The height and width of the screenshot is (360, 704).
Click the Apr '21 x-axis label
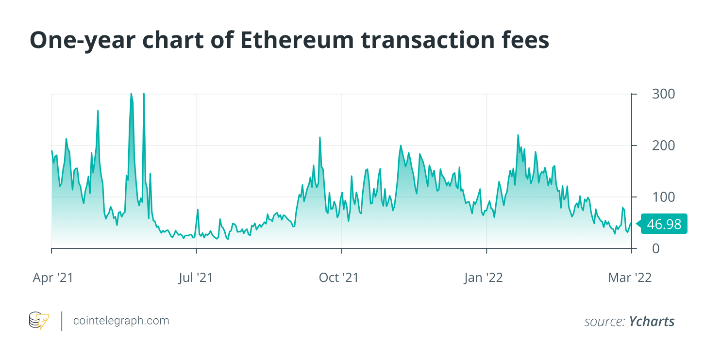pos(53,278)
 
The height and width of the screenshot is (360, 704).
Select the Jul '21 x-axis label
pos(196,278)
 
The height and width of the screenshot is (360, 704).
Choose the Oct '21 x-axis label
pos(338,278)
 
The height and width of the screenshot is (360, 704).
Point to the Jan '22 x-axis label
pos(484,278)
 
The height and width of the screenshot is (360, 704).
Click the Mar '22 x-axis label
pos(630,278)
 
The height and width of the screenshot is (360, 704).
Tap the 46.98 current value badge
pos(664,224)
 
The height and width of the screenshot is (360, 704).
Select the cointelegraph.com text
pos(121,321)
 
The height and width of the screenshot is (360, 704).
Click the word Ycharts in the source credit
pos(652,321)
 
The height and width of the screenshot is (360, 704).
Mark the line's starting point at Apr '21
pos(52,151)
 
